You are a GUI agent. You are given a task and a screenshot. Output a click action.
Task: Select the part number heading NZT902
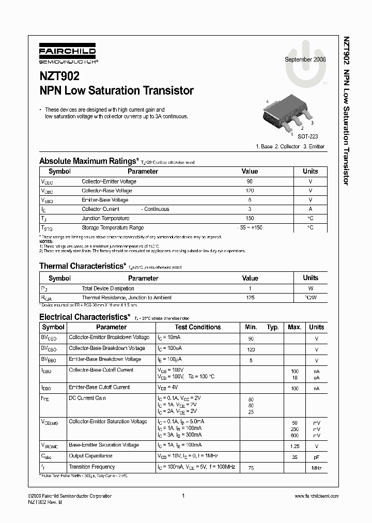tap(59, 76)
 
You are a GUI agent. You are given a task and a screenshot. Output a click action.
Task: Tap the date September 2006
tap(305, 59)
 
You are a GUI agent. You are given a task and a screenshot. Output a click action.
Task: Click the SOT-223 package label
tap(308, 136)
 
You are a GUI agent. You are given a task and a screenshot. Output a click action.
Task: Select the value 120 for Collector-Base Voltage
tap(250, 191)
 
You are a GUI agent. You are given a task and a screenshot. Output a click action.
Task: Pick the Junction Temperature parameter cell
tap(105, 218)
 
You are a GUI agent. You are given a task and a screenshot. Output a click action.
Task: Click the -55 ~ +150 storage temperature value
tap(250, 227)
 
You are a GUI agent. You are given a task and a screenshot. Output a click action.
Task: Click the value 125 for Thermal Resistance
tap(250, 298)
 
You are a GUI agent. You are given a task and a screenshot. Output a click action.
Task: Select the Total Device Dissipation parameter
tap(108, 288)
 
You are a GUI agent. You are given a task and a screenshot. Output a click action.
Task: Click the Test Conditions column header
tap(197, 327)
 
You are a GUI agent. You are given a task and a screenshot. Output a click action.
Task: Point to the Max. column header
tap(295, 327)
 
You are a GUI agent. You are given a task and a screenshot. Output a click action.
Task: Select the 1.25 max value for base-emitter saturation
tap(295, 445)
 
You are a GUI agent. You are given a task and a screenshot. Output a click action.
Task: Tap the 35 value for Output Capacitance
tap(295, 456)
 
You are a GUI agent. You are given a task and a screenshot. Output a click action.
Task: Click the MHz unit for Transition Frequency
tap(316, 467)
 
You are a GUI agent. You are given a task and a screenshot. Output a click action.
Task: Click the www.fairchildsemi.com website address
tap(316, 496)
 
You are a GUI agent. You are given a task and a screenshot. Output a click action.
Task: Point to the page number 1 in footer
tap(183, 496)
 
